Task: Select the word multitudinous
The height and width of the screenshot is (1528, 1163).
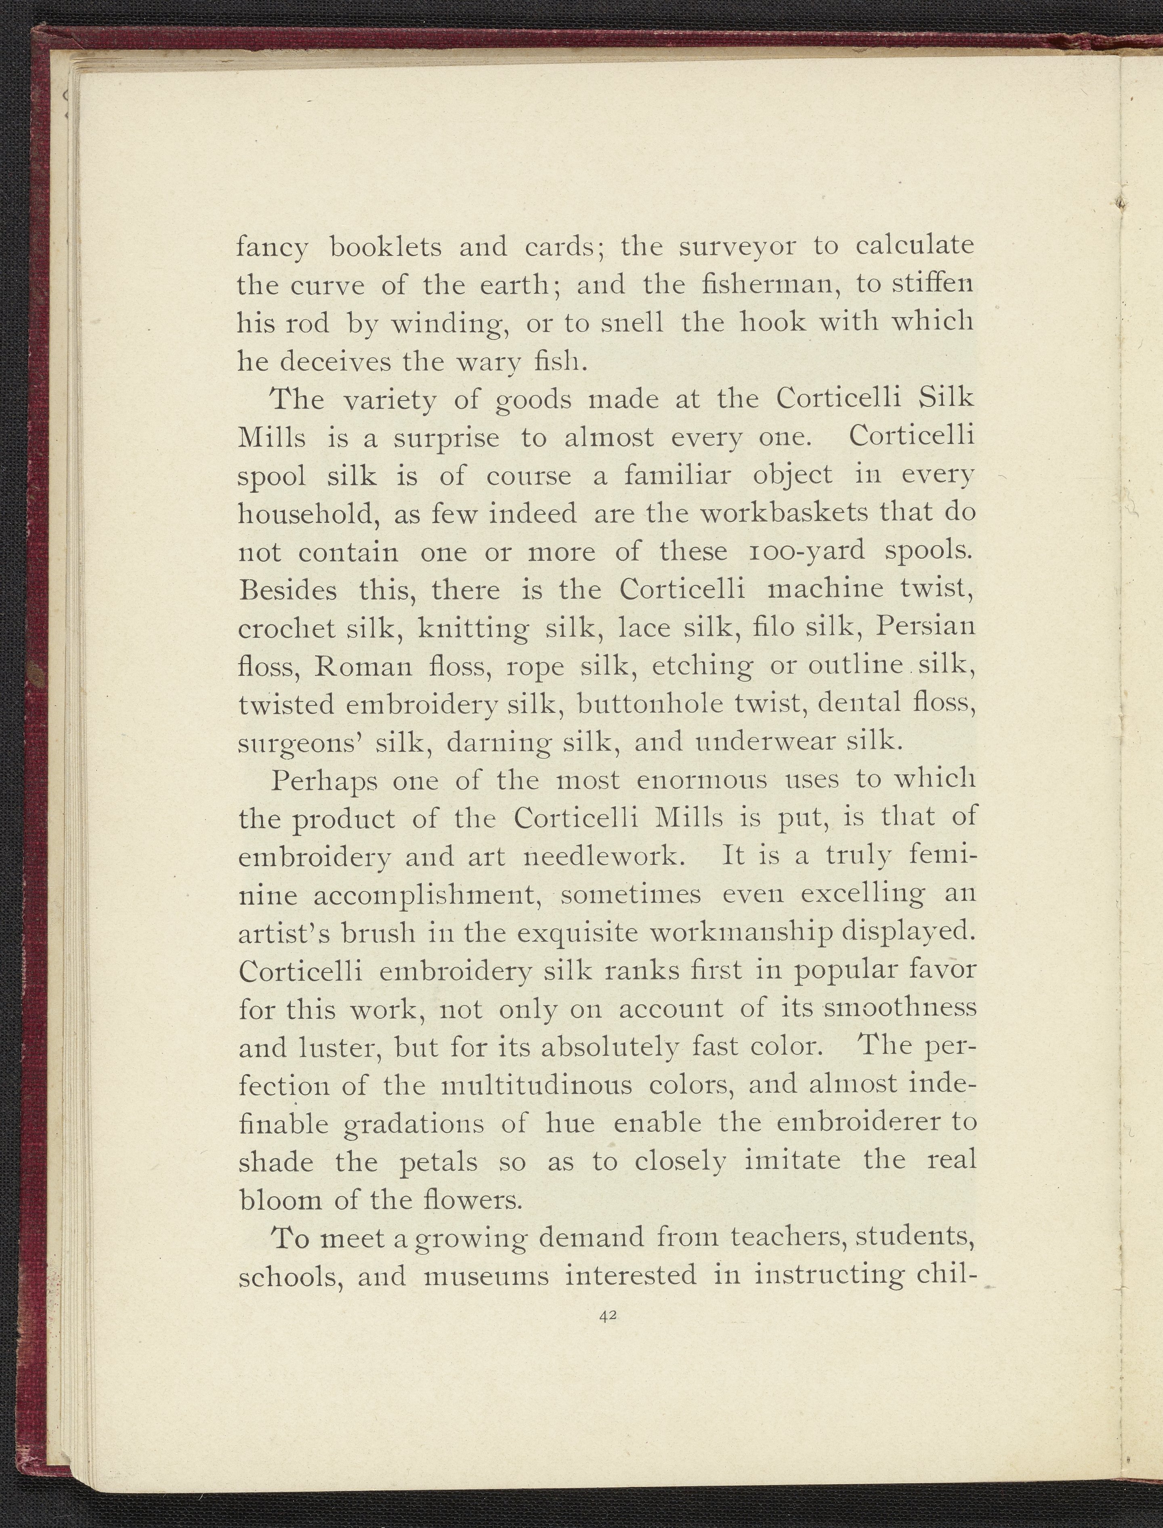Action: click(537, 1084)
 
